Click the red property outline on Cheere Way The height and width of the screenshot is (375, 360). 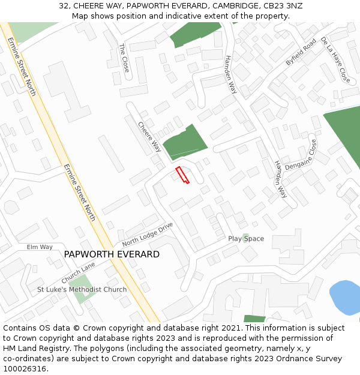coord(182,175)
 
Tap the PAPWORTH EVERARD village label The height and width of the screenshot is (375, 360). coord(112,254)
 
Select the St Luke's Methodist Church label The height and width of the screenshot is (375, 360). coord(82,290)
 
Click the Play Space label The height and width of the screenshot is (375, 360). coord(246,239)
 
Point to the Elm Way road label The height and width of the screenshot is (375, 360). coord(40,247)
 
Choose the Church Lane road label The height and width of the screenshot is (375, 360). coord(78,273)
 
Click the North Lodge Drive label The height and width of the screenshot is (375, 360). coord(148,234)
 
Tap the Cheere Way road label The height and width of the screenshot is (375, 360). coord(149,137)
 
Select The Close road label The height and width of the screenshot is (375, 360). coord(124,58)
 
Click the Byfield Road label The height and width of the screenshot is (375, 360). coord(301,52)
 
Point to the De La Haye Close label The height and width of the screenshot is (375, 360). coord(335,59)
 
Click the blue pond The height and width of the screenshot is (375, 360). coord(346,297)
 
